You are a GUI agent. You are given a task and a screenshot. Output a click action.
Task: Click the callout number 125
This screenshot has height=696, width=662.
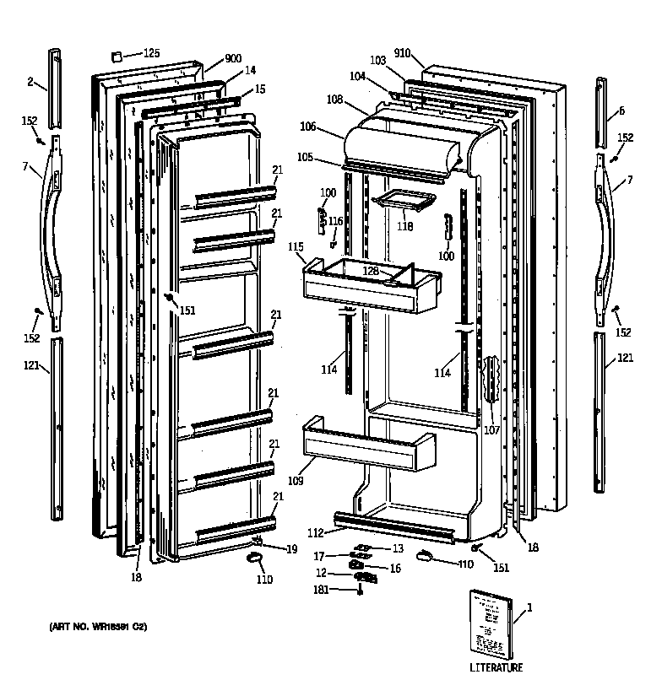coord(151,53)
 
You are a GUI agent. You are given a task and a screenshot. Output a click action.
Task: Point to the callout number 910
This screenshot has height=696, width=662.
coord(402,53)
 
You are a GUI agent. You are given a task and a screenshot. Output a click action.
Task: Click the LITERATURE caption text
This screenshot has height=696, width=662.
coord(496,667)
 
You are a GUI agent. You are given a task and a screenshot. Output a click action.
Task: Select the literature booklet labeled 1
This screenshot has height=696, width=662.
coord(489,623)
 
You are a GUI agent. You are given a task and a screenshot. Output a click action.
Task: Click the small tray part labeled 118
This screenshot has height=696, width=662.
coord(408,200)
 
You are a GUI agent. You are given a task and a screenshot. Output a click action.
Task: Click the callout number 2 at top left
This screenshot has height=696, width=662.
coord(30,81)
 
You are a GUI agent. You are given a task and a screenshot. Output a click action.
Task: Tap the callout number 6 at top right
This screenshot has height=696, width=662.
coord(621,111)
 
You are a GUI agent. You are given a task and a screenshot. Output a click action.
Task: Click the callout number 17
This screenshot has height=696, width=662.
coord(318,556)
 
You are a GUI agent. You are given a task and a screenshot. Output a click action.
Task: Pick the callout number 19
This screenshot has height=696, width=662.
coord(291,549)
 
